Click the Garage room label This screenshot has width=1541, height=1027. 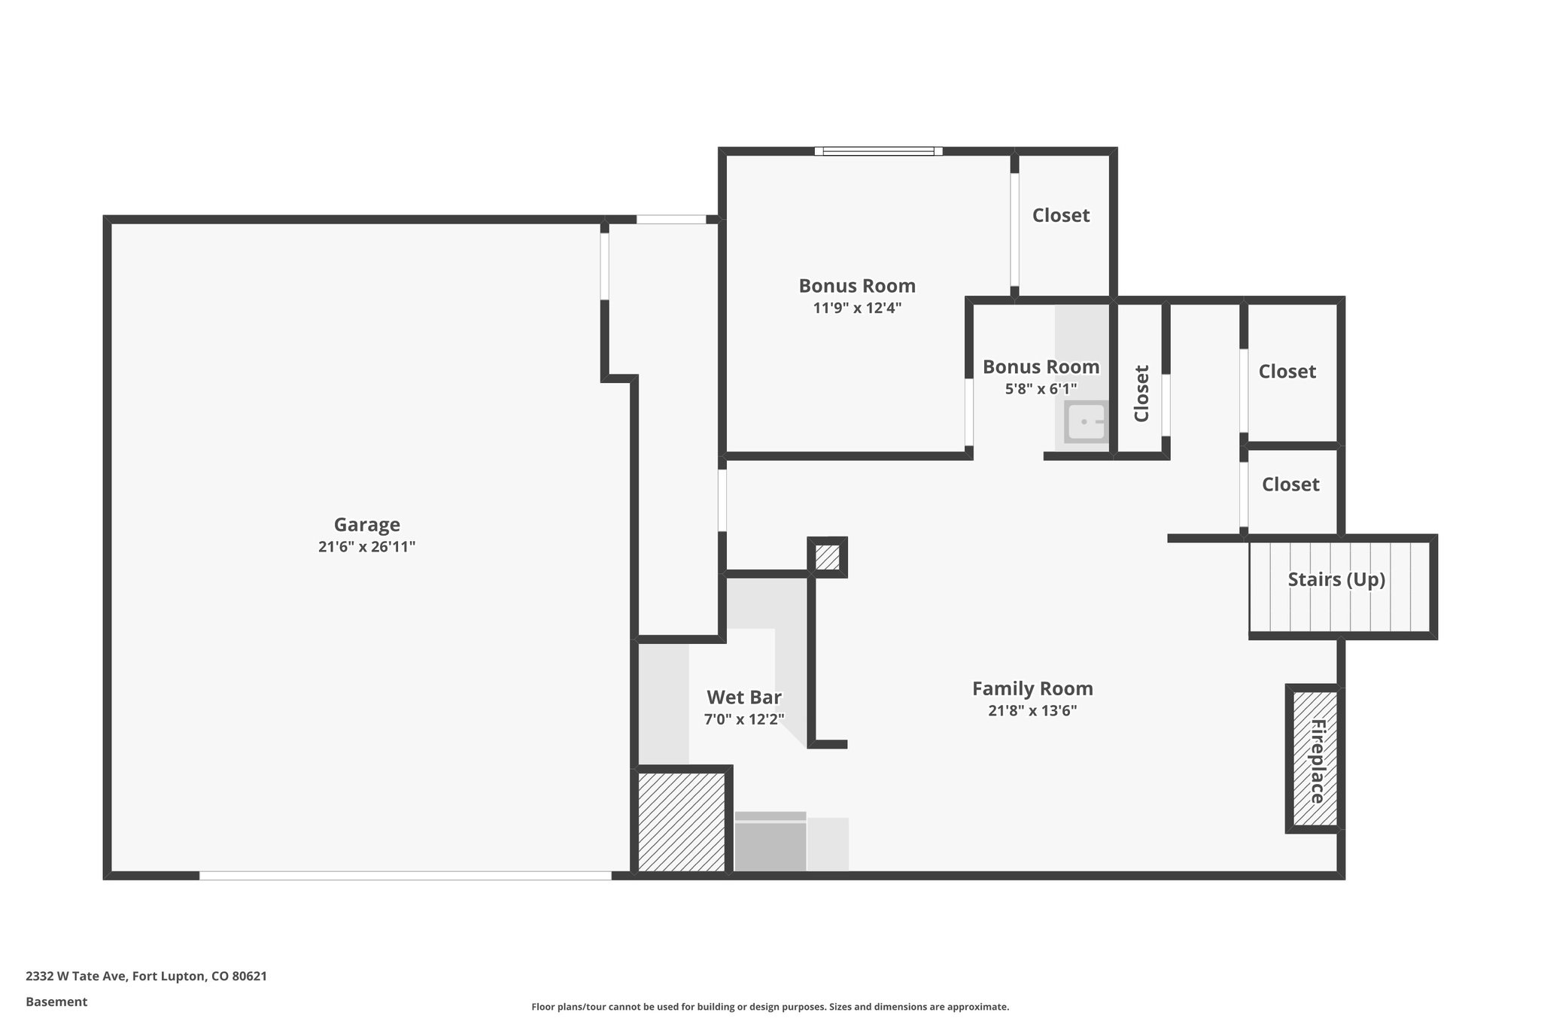(366, 524)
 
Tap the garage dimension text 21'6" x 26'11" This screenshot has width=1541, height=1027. (366, 547)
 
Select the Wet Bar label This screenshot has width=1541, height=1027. (744, 697)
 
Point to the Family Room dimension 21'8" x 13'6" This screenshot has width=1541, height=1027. (1032, 711)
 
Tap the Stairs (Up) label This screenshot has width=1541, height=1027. (1336, 579)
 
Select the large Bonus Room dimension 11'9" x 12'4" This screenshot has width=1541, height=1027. (857, 308)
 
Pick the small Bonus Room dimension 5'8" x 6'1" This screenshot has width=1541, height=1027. (1041, 389)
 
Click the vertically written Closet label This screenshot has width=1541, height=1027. (1141, 393)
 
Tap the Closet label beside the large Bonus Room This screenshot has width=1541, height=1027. (1060, 215)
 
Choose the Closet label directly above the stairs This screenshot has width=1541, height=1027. (1290, 485)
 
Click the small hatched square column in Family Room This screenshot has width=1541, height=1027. (828, 558)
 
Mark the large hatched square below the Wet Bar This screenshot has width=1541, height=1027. (681, 822)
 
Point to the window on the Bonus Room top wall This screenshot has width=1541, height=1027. (878, 151)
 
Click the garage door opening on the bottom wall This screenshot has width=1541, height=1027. (405, 875)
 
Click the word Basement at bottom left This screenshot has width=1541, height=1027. (56, 1001)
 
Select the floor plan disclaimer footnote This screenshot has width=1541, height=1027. (770, 1007)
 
